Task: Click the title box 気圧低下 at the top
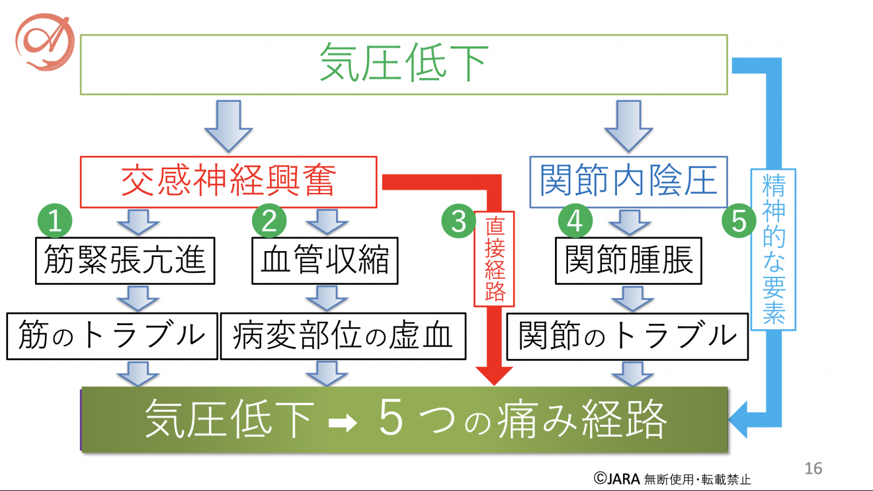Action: [403, 63]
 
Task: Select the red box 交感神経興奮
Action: [228, 182]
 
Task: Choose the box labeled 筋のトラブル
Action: [112, 336]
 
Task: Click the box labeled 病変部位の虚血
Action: [343, 336]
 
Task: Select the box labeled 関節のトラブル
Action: [628, 336]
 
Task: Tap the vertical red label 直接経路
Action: [494, 261]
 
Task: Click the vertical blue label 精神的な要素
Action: [772, 250]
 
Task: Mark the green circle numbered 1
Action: [56, 222]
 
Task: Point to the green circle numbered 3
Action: [459, 222]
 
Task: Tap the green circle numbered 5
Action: [739, 222]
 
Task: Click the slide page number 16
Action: [813, 469]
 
